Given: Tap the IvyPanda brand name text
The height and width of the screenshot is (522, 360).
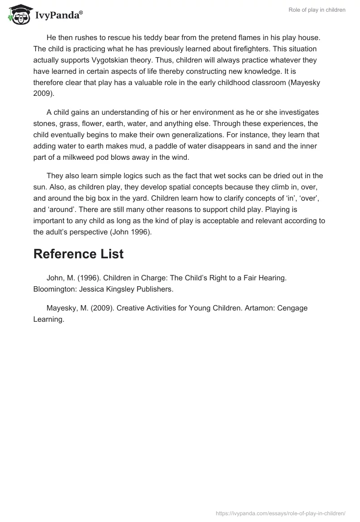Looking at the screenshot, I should tap(58, 15).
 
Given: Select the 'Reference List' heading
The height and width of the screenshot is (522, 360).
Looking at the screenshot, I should tap(78, 254).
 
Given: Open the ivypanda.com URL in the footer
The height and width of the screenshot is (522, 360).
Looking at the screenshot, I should tap(281, 513).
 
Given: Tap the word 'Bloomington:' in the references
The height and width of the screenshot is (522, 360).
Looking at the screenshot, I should tap(55, 289).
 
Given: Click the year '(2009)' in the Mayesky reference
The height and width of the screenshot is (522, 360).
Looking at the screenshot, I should tap(102, 308).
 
